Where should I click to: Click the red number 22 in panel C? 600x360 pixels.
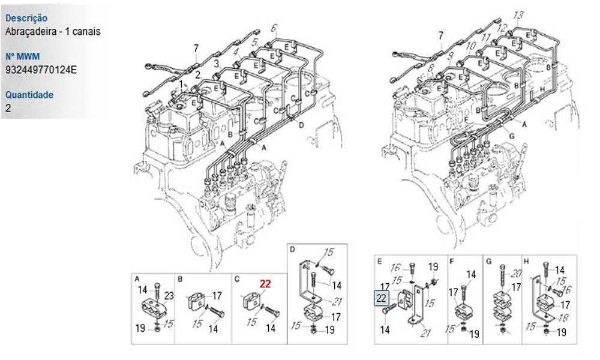pyautogui.click(x=265, y=284)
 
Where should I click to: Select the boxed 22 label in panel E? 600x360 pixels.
pyautogui.click(x=381, y=298)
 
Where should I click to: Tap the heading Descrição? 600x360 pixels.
pyautogui.click(x=26, y=18)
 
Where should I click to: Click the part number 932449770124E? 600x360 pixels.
pyautogui.click(x=41, y=70)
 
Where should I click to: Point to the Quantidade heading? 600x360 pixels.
pyautogui.click(x=29, y=94)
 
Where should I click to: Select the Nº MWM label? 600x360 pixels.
pyautogui.click(x=23, y=56)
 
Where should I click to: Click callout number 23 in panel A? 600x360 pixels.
pyautogui.click(x=169, y=296)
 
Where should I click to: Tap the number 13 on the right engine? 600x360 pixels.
pyautogui.click(x=518, y=16)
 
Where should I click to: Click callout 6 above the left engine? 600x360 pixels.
pyautogui.click(x=274, y=28)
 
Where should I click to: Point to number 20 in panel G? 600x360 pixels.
pyautogui.click(x=516, y=274)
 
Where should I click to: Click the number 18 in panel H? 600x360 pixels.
pyautogui.click(x=563, y=317)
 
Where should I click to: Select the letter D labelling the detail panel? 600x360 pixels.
pyautogui.click(x=292, y=250)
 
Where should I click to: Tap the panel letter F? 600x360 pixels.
pyautogui.click(x=452, y=262)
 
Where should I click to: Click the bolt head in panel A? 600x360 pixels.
pyautogui.click(x=157, y=286)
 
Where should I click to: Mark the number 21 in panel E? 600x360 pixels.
pyautogui.click(x=425, y=333)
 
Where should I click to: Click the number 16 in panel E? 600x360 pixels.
pyautogui.click(x=395, y=268)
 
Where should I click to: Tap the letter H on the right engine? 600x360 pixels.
pyautogui.click(x=542, y=89)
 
